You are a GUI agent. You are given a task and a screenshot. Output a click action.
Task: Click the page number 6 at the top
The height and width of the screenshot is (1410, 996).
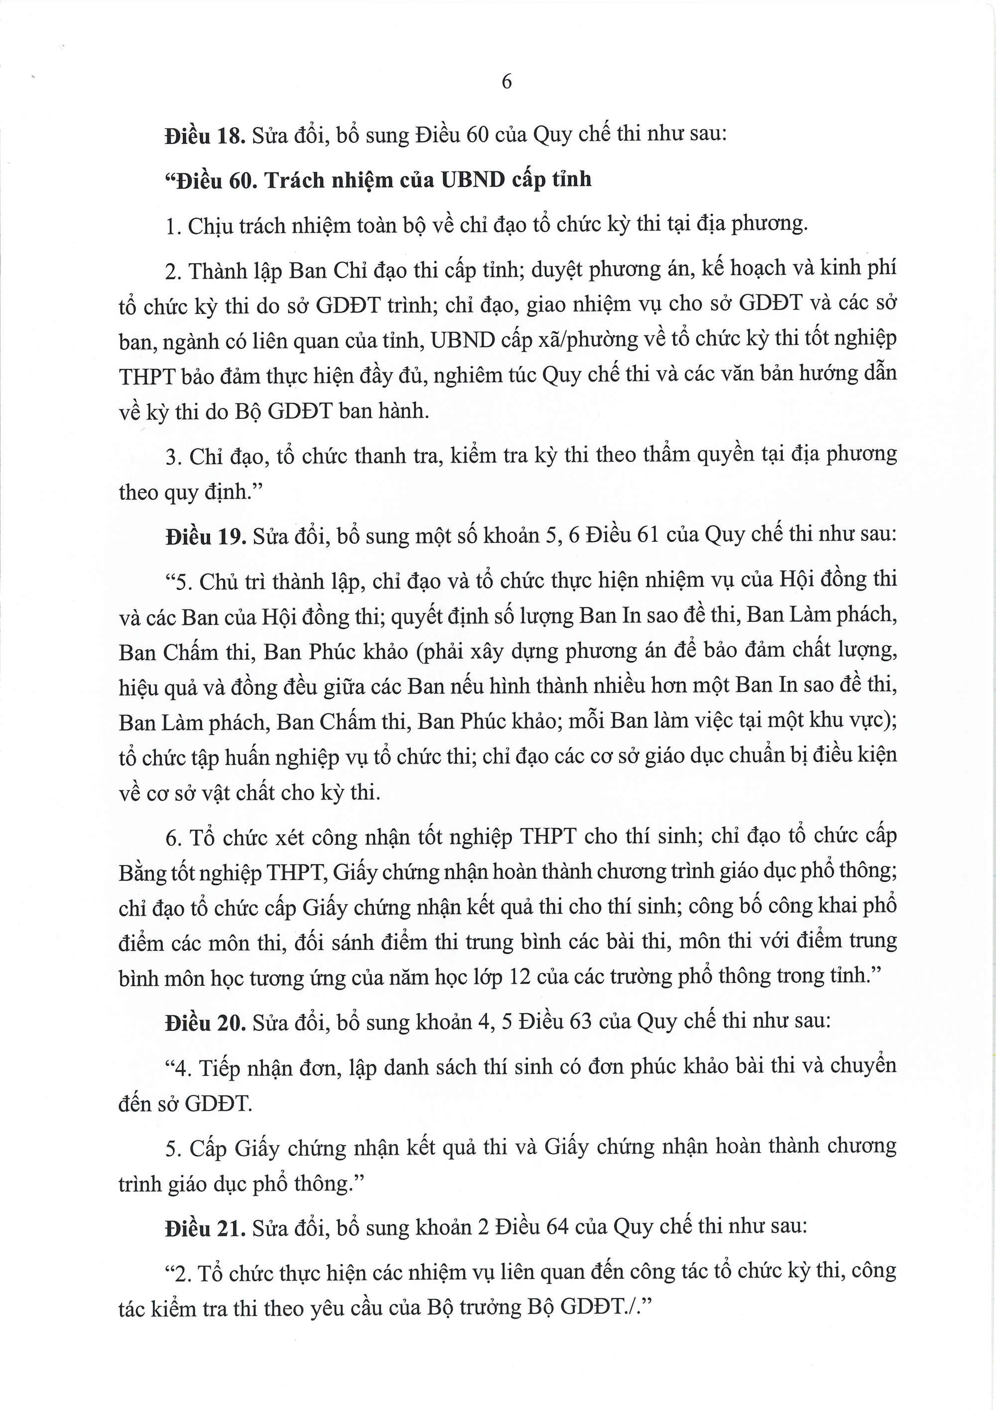pos(506,82)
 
